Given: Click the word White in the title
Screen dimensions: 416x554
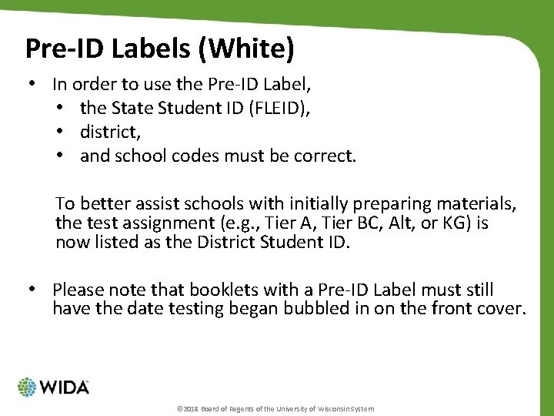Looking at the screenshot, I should coord(249,48).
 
